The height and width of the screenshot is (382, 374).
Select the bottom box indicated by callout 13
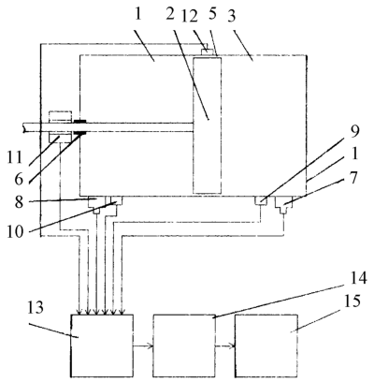102,345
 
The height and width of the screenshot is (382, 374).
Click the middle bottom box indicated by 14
184,345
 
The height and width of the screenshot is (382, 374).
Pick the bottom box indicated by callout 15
266,345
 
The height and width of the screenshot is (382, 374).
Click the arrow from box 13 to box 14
143,345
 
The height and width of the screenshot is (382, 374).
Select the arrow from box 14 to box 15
225,345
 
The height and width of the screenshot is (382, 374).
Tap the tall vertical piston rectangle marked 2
208,125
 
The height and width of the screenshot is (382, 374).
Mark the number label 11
15,157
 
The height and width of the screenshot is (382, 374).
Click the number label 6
19,180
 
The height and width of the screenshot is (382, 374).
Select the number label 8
19,201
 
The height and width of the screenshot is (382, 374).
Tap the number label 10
16,231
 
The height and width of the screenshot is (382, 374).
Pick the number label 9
354,131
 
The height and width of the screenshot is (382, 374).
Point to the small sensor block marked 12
207,51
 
